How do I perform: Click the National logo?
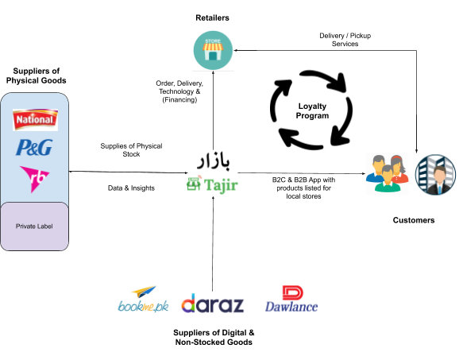pyautogui.click(x=35, y=119)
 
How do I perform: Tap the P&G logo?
pyautogui.click(x=34, y=147)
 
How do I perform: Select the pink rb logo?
pyautogui.click(x=34, y=179)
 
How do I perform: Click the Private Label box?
pyautogui.click(x=34, y=226)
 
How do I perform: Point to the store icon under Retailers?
pyautogui.click(x=213, y=50)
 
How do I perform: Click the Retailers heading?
pyautogui.click(x=212, y=17)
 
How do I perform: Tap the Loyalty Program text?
pyautogui.click(x=312, y=110)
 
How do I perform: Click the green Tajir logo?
pyautogui.click(x=212, y=185)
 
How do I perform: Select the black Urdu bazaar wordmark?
pyautogui.click(x=214, y=161)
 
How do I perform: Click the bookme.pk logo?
pyautogui.click(x=143, y=299)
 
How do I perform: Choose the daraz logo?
pyautogui.click(x=213, y=303)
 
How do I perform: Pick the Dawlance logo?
pyautogui.click(x=291, y=299)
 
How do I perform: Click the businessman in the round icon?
pyautogui.click(x=435, y=175)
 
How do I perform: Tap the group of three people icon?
pyautogui.click(x=388, y=174)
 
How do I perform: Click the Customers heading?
pyautogui.click(x=414, y=220)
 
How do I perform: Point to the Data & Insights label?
pyautogui.click(x=131, y=188)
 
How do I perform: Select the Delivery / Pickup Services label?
pyautogui.click(x=345, y=40)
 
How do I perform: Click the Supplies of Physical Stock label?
pyautogui.click(x=131, y=150)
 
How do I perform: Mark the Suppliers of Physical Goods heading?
pyautogui.click(x=36, y=75)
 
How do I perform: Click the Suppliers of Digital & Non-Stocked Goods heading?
pyautogui.click(x=214, y=338)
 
